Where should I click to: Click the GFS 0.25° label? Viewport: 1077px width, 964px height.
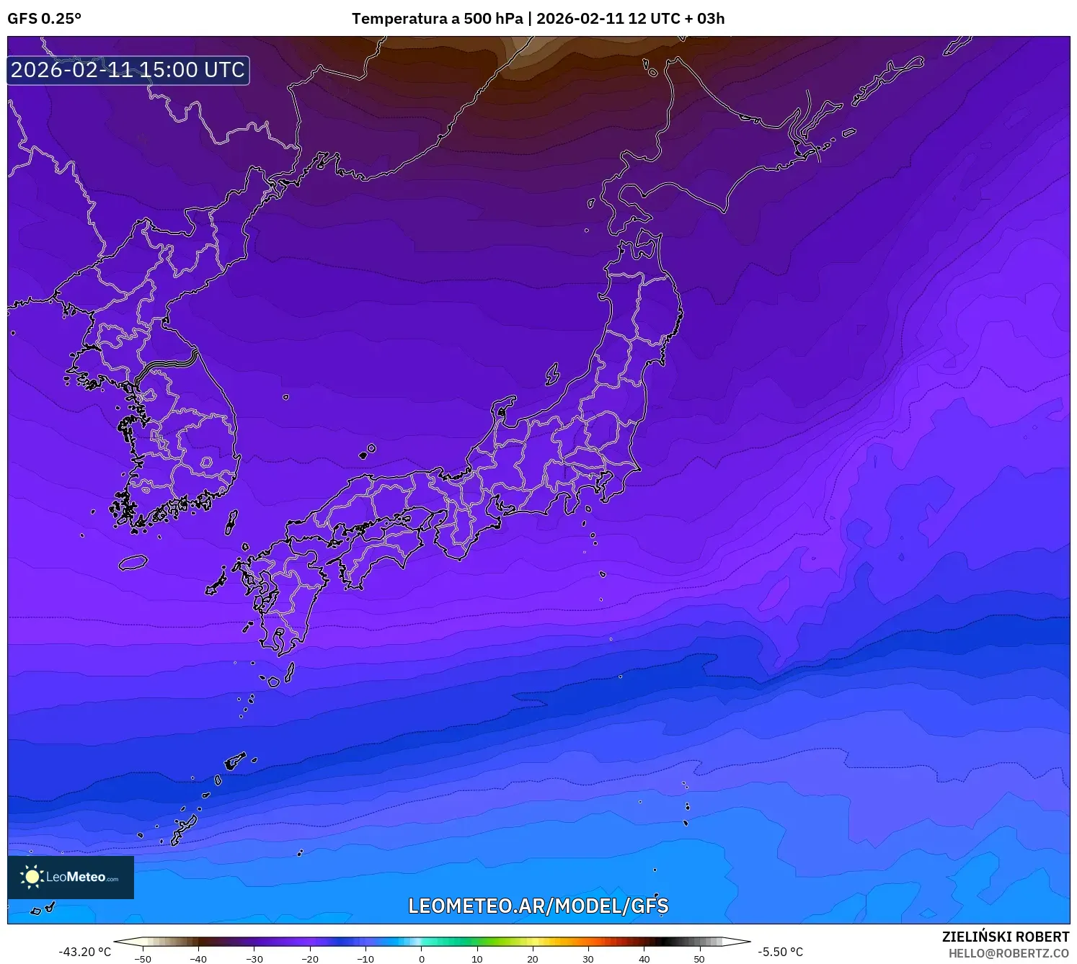point(44,19)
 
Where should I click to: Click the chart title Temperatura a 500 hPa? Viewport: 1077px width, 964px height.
point(437,19)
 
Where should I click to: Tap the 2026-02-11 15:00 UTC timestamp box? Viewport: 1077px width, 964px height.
point(128,70)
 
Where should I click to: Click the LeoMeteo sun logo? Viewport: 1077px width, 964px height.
point(32,876)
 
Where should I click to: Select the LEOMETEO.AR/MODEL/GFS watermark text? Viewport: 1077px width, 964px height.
point(538,906)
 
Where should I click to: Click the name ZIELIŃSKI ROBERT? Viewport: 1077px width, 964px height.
point(1005,937)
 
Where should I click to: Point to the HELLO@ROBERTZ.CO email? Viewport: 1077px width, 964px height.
point(1008,953)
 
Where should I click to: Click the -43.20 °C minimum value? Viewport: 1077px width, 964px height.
point(85,952)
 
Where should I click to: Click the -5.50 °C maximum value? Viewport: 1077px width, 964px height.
point(779,952)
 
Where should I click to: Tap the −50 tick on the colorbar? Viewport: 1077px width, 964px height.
point(143,958)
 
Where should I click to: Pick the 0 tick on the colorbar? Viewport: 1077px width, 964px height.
point(422,958)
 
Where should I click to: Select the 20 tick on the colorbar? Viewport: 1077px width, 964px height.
point(533,958)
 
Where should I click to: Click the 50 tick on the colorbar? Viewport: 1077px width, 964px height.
point(699,958)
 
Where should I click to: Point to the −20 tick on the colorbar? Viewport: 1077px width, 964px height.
point(310,958)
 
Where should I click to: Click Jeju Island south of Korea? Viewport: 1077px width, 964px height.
point(133,562)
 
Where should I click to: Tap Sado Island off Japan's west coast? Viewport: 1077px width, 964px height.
point(552,374)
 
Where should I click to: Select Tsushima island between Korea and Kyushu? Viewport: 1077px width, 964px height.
point(231,522)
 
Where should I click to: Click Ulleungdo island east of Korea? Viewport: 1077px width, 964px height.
point(286,397)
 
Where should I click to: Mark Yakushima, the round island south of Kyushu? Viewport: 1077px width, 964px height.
point(273,682)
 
